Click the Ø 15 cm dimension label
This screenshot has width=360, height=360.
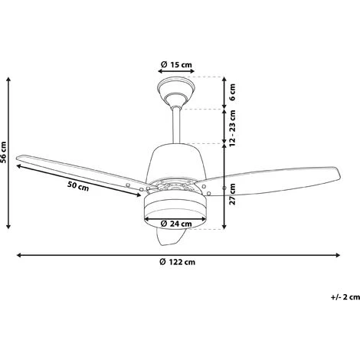click(x=175, y=64)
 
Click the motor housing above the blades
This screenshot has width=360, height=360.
click(x=176, y=161)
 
